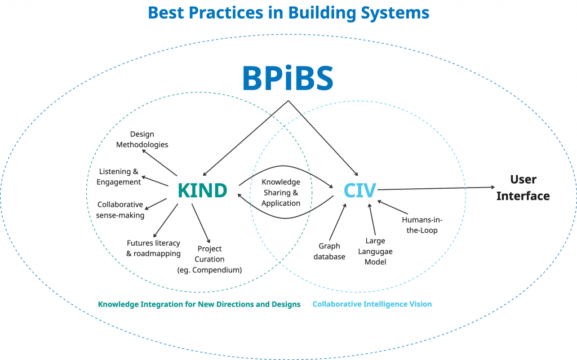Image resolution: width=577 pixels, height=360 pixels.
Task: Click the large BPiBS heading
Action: pyautogui.click(x=288, y=79)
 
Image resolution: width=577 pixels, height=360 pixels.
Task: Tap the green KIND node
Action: pyautogui.click(x=202, y=190)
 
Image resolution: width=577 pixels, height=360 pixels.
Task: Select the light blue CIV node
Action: pyautogui.click(x=359, y=190)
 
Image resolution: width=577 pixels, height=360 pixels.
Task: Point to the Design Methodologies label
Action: pyautogui.click(x=142, y=139)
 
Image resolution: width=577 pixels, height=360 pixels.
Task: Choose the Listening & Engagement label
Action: pyautogui.click(x=118, y=176)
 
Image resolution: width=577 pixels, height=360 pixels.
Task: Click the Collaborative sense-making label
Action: pyautogui.click(x=121, y=210)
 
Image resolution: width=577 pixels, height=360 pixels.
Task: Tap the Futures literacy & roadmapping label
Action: pyautogui.click(x=153, y=248)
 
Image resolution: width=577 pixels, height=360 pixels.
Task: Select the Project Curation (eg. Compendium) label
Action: pyautogui.click(x=209, y=259)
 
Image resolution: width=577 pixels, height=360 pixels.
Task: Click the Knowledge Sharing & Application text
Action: pyautogui.click(x=281, y=192)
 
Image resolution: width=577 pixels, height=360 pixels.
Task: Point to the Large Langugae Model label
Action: pyautogui.click(x=375, y=251)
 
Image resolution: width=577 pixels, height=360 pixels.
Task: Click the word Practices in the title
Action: pyautogui.click(x=220, y=12)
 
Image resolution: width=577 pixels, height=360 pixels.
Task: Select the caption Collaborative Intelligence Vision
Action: pyautogui.click(x=372, y=304)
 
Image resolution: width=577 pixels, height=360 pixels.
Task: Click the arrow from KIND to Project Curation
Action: pyautogui.click(x=201, y=223)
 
